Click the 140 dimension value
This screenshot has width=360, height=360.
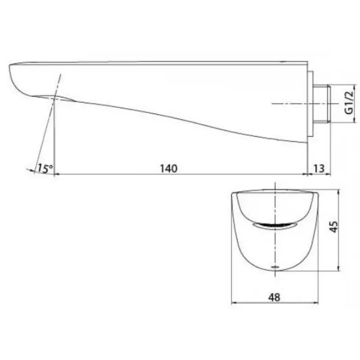point(169,168)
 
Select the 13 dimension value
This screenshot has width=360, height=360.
point(319,168)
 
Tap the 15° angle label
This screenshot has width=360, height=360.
point(45,168)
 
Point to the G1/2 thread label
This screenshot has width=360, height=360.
point(349,103)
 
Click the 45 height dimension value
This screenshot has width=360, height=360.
point(333,227)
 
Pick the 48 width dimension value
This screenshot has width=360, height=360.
point(274,297)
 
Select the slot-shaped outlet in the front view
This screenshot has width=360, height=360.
point(275,226)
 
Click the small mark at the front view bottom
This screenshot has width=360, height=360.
point(275,267)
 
